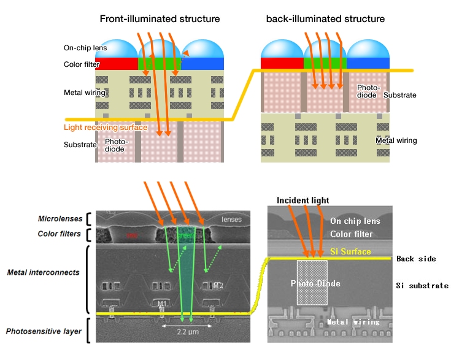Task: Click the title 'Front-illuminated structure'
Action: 160,19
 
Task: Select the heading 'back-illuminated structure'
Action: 325,19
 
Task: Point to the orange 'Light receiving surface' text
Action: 106,128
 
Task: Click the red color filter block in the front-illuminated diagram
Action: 117,64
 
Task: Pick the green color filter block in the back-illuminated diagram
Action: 325,63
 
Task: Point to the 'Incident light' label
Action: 303,201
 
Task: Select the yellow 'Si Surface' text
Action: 351,251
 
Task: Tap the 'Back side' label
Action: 416,259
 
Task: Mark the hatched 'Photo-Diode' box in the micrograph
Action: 313,283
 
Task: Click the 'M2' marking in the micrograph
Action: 219,286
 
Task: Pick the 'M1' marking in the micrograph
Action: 162,304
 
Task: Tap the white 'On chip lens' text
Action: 355,221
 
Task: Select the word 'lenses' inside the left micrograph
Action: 231,220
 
